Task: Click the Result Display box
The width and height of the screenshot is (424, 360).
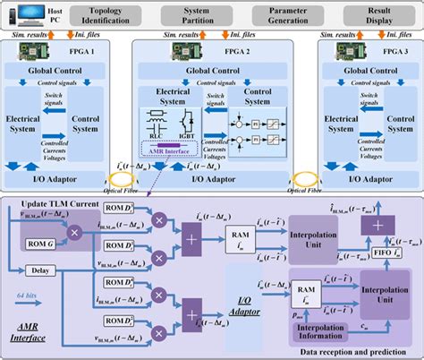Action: (375, 14)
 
